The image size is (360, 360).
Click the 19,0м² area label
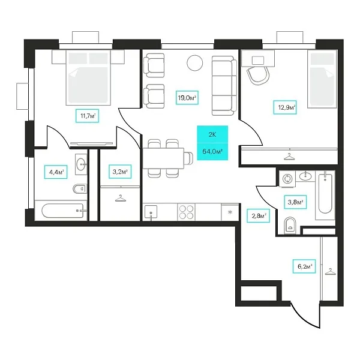(187, 98)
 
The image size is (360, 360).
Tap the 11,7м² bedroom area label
(88, 116)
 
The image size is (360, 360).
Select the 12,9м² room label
(285, 107)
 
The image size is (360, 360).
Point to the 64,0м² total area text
(212, 152)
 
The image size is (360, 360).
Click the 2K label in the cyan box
(212, 134)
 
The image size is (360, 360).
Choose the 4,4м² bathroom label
(56, 172)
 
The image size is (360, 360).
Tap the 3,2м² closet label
(120, 172)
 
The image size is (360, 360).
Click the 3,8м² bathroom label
(295, 202)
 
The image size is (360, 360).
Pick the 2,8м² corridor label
(258, 215)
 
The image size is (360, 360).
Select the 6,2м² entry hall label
(304, 266)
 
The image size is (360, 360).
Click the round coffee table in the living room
(195, 63)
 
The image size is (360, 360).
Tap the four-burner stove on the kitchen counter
(186, 212)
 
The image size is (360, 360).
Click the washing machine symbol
(287, 179)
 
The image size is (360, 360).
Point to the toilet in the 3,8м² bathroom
(290, 226)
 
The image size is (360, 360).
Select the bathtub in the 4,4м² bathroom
(62, 211)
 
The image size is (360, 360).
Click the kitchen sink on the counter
(151, 212)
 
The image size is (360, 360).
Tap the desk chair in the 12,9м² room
(258, 75)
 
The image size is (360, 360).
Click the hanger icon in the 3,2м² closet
(121, 198)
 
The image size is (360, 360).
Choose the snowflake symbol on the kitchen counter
(230, 212)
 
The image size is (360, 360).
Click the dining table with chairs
(167, 158)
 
